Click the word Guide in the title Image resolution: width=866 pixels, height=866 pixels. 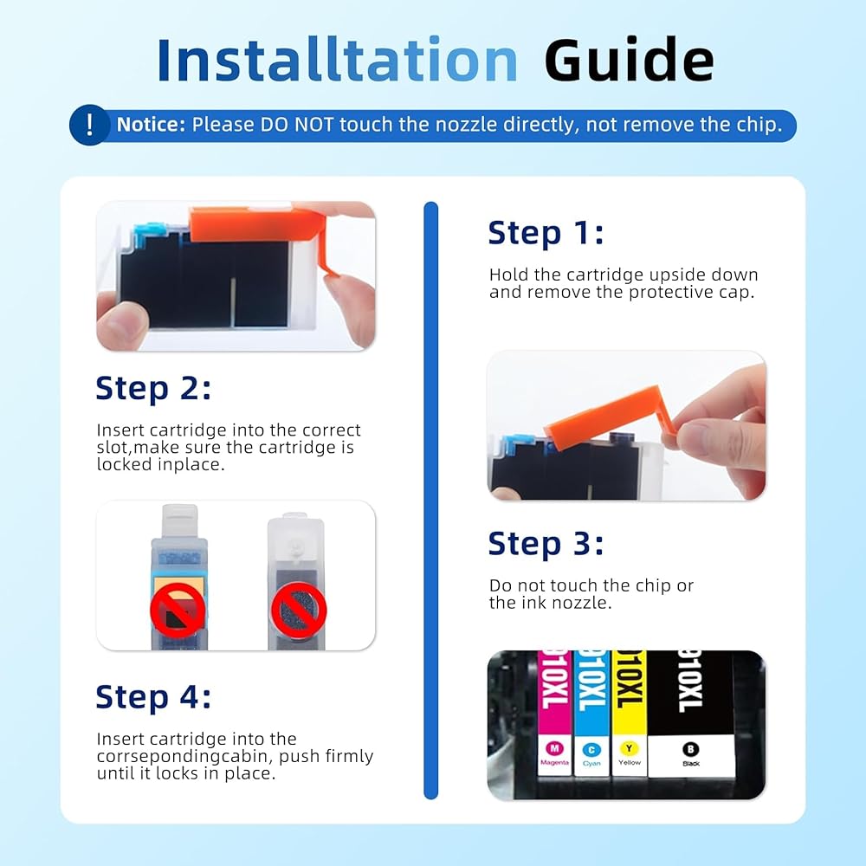coord(629,60)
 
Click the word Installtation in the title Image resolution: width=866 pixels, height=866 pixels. coord(337,60)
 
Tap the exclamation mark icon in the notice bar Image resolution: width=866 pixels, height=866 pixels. coord(89,125)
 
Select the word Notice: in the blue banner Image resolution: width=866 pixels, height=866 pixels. coord(151,125)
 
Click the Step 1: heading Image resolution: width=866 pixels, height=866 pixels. coord(546,232)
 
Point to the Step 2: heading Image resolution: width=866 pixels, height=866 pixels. coord(153,388)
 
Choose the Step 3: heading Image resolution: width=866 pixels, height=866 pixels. coord(546,544)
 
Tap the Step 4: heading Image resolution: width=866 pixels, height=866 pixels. coord(153,696)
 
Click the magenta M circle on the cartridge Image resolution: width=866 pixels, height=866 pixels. coord(554,748)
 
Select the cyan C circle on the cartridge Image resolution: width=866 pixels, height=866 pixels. coord(591,749)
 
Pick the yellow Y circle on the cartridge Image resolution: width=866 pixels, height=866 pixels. coord(629,748)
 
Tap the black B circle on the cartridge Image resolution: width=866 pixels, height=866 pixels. coord(691,749)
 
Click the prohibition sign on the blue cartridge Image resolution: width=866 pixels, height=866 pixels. coord(178,611)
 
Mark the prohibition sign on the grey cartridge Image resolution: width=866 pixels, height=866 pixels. coord(298,611)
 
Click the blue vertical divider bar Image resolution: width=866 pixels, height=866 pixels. coord(430,501)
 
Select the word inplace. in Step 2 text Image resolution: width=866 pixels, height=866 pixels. coord(191,465)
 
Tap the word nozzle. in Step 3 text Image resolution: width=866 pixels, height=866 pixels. coord(582,603)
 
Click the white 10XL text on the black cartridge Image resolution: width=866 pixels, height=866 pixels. coord(690,681)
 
